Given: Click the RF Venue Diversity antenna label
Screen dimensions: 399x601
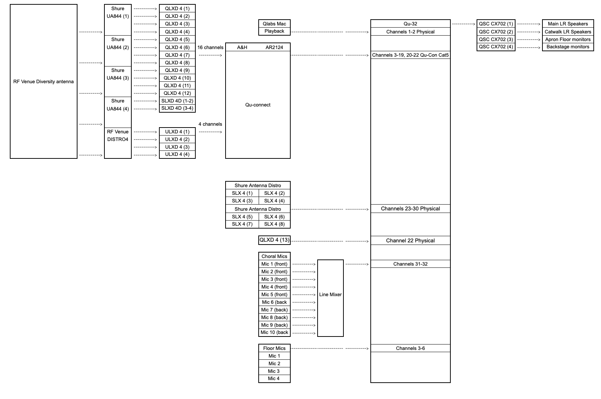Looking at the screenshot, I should point(43,81).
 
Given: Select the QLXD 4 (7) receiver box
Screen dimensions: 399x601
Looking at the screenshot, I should point(177,55).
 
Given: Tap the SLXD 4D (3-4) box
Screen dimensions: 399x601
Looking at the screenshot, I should point(177,108).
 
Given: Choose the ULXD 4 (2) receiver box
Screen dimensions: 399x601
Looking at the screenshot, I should point(177,139).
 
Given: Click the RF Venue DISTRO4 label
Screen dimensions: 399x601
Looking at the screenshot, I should point(118,135).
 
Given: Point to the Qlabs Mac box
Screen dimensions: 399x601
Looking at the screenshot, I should point(274,24).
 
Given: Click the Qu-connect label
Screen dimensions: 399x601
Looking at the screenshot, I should point(258,105).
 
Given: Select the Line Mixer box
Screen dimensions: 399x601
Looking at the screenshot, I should point(330,294).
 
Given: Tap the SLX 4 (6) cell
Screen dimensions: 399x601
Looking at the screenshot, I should point(274,217).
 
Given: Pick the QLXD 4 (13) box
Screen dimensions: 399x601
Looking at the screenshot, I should point(274,240).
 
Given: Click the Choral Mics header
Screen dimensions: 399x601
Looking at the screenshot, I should point(274,256).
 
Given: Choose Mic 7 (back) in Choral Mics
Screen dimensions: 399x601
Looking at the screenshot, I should point(274,310).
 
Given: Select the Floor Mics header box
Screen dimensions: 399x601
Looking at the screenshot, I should point(274,348).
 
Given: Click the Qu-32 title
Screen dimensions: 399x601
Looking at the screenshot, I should point(410,24).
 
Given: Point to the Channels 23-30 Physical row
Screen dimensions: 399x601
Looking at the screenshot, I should point(410,209).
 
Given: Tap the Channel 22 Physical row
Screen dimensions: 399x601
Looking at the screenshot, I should point(410,241).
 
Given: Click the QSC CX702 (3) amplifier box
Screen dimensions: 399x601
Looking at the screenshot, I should point(496,39).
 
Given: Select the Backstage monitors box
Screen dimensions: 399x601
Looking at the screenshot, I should point(568,47).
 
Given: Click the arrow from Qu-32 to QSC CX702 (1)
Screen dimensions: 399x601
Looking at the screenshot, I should point(463,24).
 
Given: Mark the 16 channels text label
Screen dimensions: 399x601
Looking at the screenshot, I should point(210,47).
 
